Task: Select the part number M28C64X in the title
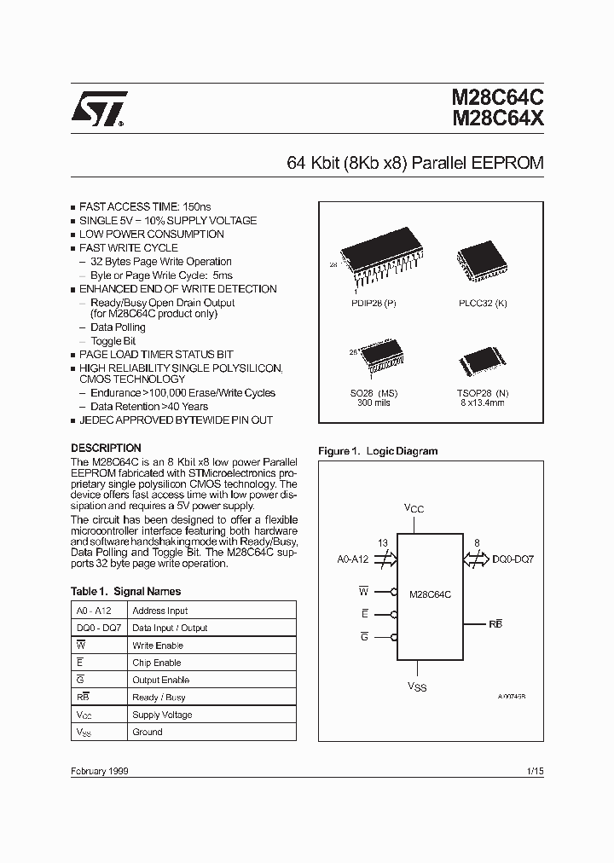[x=496, y=121]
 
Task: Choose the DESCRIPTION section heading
[x=106, y=448]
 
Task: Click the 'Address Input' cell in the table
[x=160, y=611]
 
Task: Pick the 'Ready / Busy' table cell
[x=158, y=698]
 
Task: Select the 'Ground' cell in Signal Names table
[x=148, y=732]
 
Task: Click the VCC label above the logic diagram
[x=414, y=509]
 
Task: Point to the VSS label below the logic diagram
[x=415, y=686]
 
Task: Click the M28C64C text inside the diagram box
[x=431, y=594]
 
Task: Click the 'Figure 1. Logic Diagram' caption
[x=378, y=451]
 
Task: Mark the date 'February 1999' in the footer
[x=99, y=770]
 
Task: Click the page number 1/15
[x=536, y=770]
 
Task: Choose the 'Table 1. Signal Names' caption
[x=125, y=591]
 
